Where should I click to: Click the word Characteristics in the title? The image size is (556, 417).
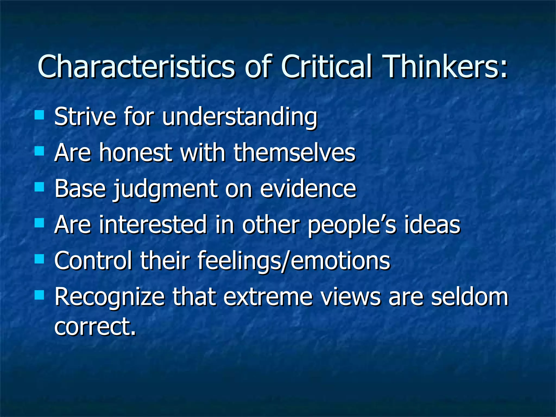(136, 67)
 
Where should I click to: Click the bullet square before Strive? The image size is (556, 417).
(40, 115)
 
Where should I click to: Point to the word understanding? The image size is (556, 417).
(239, 117)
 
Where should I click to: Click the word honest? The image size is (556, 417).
(135, 153)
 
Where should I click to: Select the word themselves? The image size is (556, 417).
(294, 153)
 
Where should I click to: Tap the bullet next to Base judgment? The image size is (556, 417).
(40, 187)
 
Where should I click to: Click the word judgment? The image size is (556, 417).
(165, 189)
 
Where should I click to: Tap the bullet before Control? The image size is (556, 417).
(40, 259)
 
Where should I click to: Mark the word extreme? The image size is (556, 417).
(268, 297)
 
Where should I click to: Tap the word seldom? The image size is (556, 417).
(469, 297)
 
